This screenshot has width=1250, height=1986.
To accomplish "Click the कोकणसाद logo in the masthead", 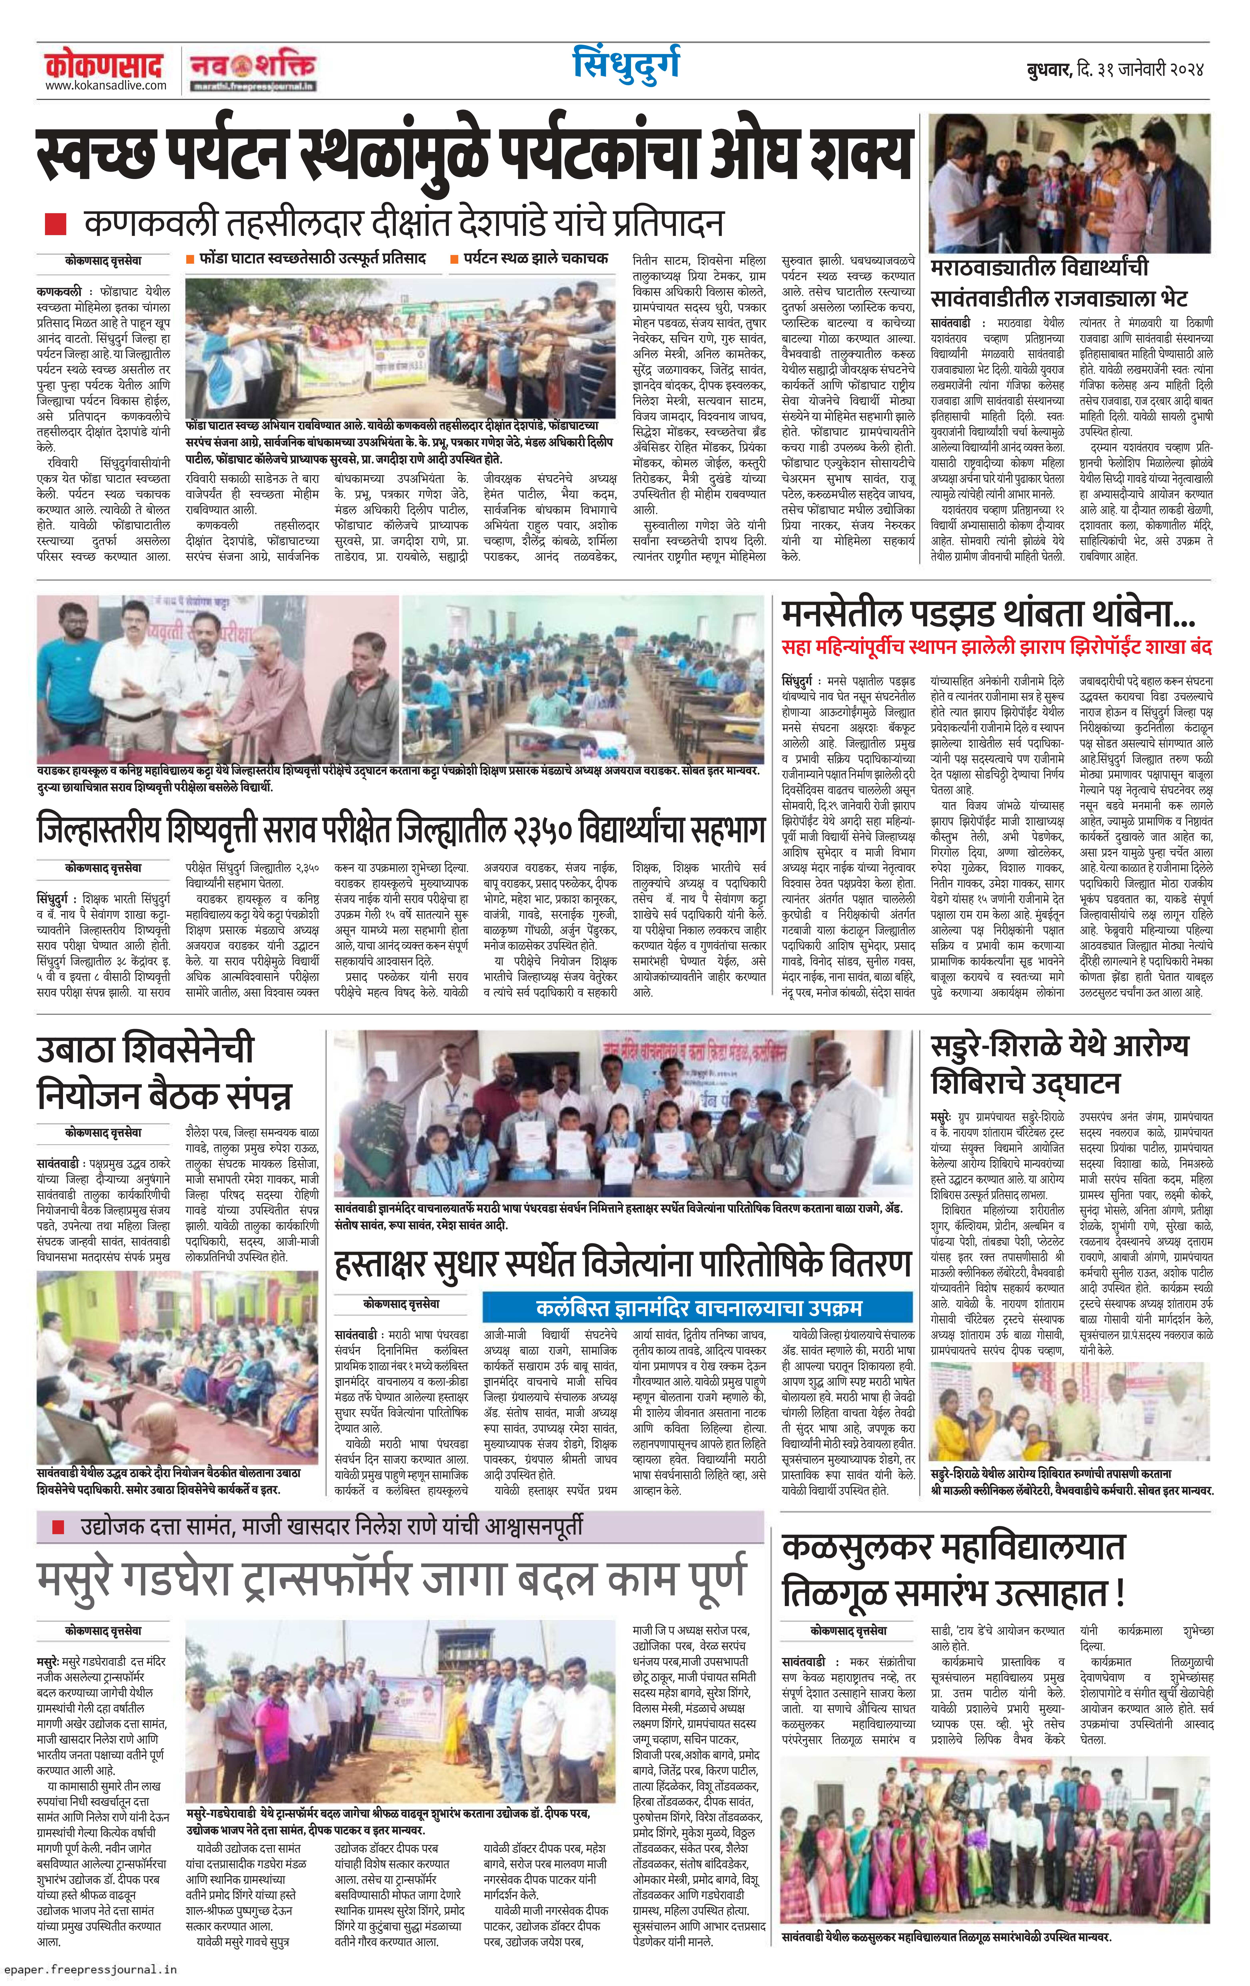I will [103, 64].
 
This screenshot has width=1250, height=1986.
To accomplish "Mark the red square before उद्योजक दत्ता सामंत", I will [58, 1527].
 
